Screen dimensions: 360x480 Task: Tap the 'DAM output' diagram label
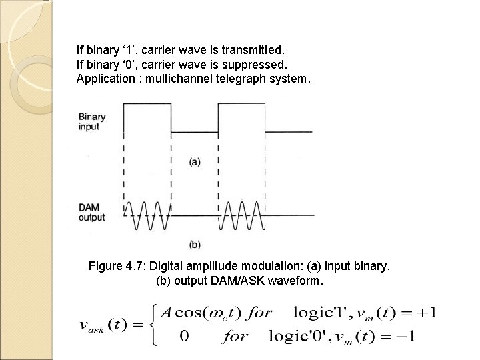pos(92,212)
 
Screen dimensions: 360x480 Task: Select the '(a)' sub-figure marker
pos(195,161)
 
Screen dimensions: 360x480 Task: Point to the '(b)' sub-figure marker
pos(195,243)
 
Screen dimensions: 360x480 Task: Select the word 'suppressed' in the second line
pos(255,64)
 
